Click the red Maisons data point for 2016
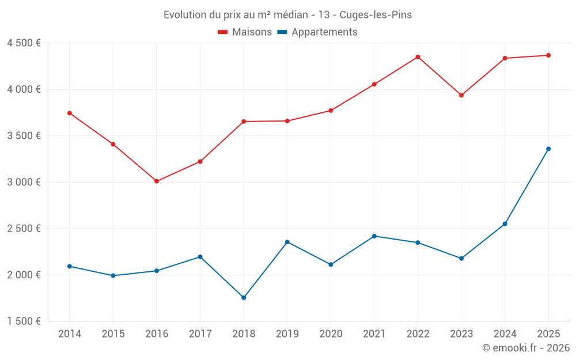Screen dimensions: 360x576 click(x=157, y=181)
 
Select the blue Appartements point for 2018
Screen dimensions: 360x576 click(x=244, y=298)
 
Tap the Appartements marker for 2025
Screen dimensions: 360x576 click(x=548, y=149)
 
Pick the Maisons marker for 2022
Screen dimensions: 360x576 click(x=418, y=57)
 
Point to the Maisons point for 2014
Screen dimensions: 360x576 click(x=70, y=113)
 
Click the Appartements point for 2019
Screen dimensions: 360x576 click(x=287, y=242)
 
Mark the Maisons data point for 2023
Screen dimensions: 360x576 click(x=461, y=95)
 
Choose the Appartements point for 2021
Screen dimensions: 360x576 click(x=374, y=236)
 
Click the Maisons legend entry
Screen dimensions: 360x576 click(x=245, y=32)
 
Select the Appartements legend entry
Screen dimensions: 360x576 click(x=317, y=32)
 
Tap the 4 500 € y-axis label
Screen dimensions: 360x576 click(x=24, y=43)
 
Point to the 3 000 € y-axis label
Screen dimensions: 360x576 click(x=24, y=182)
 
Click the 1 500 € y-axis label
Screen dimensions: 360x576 click(x=24, y=321)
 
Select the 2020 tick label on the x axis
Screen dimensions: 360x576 click(x=331, y=334)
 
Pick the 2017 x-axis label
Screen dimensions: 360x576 click(x=200, y=334)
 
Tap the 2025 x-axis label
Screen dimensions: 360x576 click(x=548, y=334)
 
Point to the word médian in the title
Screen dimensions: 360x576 click(x=290, y=15)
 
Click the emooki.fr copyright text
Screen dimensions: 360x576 click(x=526, y=348)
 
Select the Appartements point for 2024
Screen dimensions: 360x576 click(x=505, y=223)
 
